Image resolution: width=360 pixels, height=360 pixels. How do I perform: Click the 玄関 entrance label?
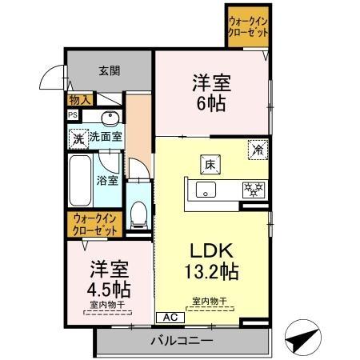pyautogui.click(x=110, y=71)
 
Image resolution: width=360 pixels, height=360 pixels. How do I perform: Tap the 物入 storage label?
pyautogui.click(x=80, y=100)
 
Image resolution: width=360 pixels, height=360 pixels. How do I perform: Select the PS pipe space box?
pyautogui.click(x=73, y=114)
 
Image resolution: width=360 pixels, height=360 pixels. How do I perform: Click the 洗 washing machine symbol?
pyautogui.click(x=78, y=138)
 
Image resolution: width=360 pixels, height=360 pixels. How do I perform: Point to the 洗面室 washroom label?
pyautogui.click(x=105, y=138)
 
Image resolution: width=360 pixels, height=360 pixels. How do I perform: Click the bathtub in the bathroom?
pyautogui.click(x=80, y=180)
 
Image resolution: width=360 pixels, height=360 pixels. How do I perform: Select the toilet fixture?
pyautogui.click(x=138, y=212)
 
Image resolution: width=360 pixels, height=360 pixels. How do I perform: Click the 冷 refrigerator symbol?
pyautogui.click(x=258, y=149)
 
